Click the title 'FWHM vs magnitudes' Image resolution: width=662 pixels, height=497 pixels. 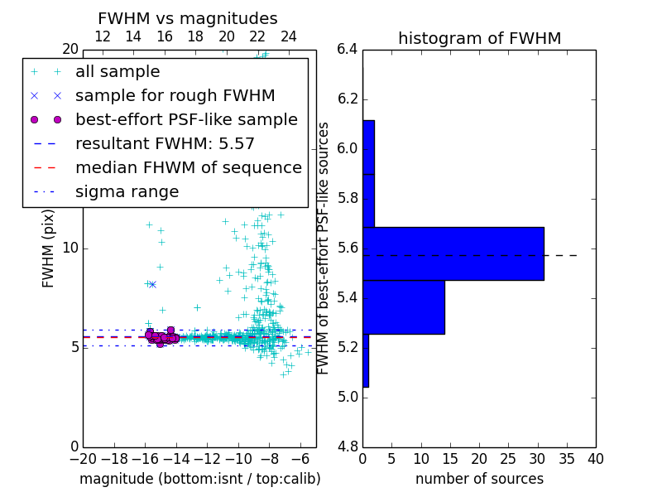187,18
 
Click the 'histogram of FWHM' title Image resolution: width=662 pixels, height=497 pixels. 479,38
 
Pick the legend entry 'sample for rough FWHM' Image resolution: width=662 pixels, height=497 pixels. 175,96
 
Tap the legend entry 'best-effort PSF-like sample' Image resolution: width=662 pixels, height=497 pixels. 186,120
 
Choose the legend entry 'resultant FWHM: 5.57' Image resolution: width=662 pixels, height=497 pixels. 165,144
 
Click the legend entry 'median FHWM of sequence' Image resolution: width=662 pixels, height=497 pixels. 188,168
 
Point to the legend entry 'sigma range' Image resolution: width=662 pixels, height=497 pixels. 127,192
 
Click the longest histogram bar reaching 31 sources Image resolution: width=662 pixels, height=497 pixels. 453,253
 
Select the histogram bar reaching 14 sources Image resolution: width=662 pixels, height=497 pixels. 403,307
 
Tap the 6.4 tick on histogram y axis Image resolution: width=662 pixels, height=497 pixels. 348,50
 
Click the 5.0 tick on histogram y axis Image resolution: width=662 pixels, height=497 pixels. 348,397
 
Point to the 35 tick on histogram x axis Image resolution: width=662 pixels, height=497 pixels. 566,459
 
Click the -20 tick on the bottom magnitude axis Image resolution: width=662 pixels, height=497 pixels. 83,459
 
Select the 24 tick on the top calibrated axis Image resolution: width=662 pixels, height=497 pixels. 289,36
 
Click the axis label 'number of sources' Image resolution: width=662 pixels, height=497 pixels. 479,479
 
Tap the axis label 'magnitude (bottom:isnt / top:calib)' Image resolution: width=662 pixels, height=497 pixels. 199,479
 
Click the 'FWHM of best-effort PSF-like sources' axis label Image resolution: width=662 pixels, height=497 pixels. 324,248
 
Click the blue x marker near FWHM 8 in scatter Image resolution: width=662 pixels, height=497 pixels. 152,284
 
